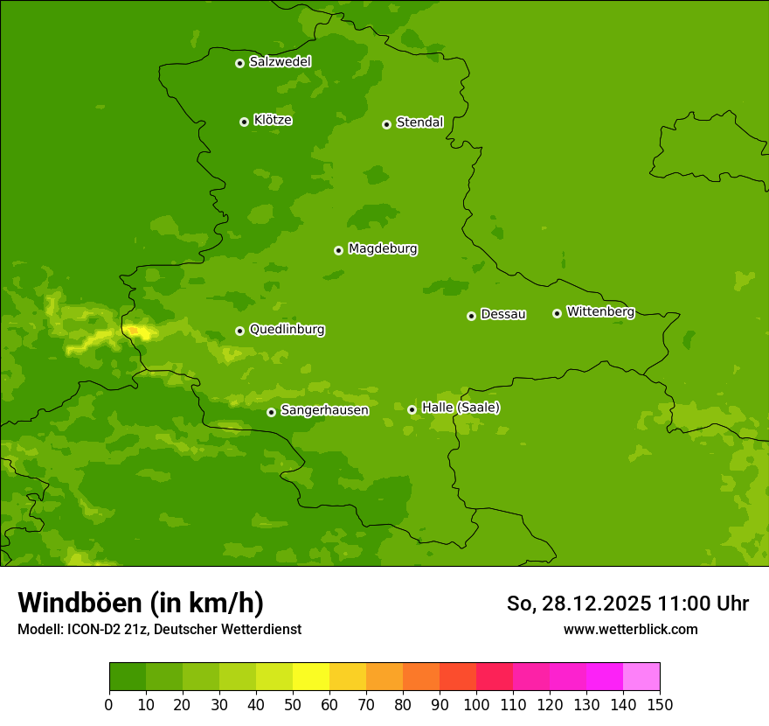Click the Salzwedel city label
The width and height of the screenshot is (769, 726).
tap(280, 62)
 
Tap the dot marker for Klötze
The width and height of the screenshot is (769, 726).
tap(244, 122)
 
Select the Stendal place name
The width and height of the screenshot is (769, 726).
tap(419, 122)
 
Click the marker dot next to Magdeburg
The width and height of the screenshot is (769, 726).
tap(338, 250)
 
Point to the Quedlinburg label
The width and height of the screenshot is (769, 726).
tap(287, 330)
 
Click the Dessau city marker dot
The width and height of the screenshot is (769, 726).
tap(471, 316)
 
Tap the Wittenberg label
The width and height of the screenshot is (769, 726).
tap(599, 311)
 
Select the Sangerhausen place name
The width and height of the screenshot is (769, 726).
tap(324, 410)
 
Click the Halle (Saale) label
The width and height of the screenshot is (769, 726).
tap(461, 408)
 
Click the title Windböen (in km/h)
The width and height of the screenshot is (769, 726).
tap(141, 603)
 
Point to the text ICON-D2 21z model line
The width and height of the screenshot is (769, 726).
tap(159, 630)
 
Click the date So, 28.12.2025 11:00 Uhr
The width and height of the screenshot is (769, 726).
tap(627, 604)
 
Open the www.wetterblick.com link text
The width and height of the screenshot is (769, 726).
tap(630, 630)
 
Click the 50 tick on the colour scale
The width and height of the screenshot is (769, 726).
tap(293, 704)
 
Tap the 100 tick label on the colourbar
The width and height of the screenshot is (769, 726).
tap(476, 704)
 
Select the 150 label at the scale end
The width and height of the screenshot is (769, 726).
tap(660, 704)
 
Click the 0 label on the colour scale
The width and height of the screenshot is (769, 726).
tap(109, 704)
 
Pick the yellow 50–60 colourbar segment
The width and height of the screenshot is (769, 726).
tap(311, 677)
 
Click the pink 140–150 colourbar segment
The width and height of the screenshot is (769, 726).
tap(641, 677)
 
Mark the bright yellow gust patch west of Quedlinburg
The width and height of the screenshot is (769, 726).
tap(137, 332)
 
